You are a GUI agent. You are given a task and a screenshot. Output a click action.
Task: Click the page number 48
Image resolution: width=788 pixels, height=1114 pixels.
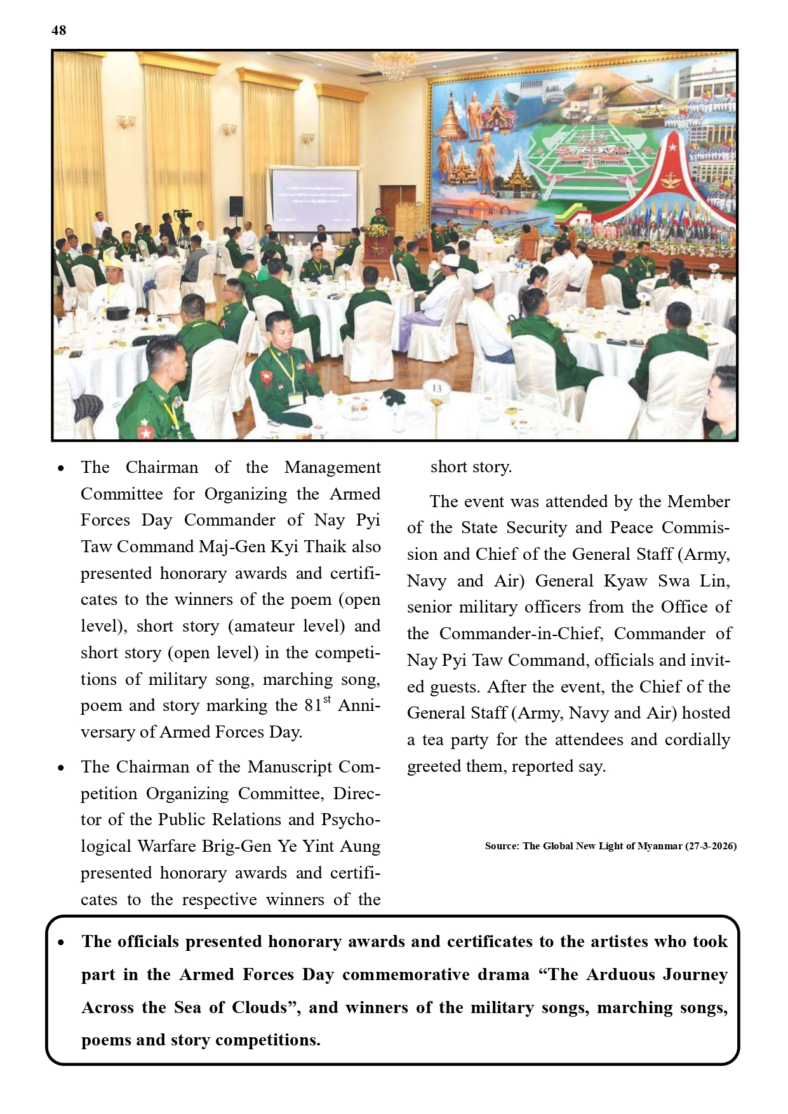click(58, 30)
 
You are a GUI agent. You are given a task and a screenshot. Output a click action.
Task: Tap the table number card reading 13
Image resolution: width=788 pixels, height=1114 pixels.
click(437, 388)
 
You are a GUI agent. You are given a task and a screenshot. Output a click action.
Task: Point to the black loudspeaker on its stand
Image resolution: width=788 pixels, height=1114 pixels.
click(236, 206)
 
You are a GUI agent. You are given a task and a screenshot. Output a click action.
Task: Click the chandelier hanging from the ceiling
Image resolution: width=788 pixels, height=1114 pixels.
click(394, 65)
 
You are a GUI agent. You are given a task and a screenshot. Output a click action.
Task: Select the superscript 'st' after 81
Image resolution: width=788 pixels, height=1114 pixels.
click(327, 699)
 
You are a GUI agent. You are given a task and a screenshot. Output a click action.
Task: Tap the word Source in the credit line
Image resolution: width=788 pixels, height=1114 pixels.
click(500, 846)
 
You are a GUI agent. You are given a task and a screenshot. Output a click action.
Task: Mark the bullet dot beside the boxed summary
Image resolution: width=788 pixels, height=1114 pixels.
click(61, 943)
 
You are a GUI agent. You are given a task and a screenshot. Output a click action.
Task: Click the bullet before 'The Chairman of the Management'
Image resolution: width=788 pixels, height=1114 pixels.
click(61, 469)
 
